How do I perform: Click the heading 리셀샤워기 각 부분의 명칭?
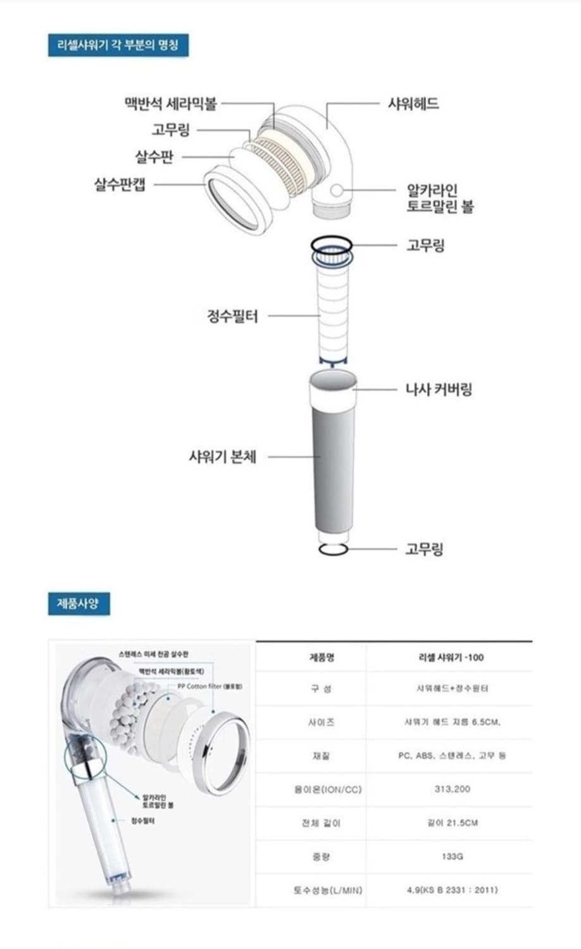pos(118,46)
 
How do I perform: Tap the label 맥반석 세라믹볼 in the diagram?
pos(170,103)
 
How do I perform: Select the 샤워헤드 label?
pos(413,103)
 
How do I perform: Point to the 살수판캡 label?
pos(120,184)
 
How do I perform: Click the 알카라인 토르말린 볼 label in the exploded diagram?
pos(439,198)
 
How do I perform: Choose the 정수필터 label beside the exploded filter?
pos(232,315)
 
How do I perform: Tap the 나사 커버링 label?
pos(439,389)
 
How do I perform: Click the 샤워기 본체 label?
pos(222,456)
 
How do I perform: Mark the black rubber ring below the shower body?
pos(334,549)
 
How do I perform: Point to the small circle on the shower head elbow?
pos(337,190)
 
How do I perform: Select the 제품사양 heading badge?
pos(78,604)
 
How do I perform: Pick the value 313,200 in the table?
pos(452,789)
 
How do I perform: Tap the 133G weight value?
pos(452,857)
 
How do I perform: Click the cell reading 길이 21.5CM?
pos(452,823)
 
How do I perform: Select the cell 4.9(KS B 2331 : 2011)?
pos(452,890)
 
